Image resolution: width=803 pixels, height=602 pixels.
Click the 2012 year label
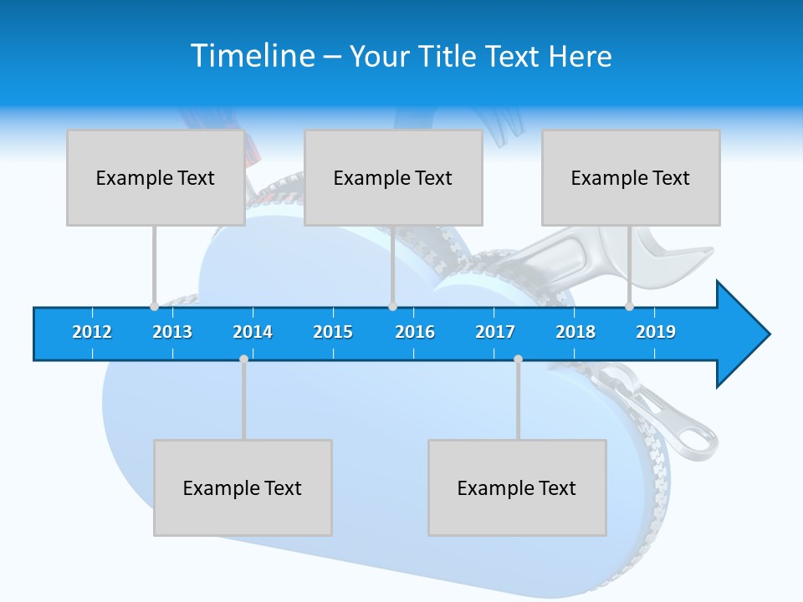pyautogui.click(x=92, y=332)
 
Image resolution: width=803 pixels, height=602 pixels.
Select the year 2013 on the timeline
pyautogui.click(x=172, y=332)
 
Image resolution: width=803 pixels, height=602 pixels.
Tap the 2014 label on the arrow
pyautogui.click(x=253, y=332)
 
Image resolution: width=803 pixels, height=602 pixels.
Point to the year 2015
pyautogui.click(x=333, y=332)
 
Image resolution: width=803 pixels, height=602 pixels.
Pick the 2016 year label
pyautogui.click(x=415, y=332)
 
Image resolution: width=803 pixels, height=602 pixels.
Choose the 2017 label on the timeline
pyautogui.click(x=495, y=332)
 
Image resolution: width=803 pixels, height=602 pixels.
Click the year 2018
pyautogui.click(x=575, y=332)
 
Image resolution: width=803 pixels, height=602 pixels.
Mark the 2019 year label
pyautogui.click(x=656, y=332)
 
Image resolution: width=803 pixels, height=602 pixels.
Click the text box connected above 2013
pyautogui.click(x=156, y=177)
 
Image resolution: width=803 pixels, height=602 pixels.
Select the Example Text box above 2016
pyautogui.click(x=393, y=177)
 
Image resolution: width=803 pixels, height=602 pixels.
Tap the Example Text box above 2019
pyautogui.click(x=631, y=177)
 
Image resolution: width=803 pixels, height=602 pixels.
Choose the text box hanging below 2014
pyautogui.click(x=243, y=487)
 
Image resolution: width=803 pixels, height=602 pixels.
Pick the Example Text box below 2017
pyautogui.click(x=517, y=487)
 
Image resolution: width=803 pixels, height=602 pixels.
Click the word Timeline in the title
pyautogui.click(x=251, y=56)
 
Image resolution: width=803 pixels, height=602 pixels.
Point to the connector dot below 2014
pyautogui.click(x=243, y=360)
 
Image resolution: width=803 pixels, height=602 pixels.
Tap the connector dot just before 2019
pyautogui.click(x=629, y=306)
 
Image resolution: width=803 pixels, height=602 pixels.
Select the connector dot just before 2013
pyautogui.click(x=154, y=306)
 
